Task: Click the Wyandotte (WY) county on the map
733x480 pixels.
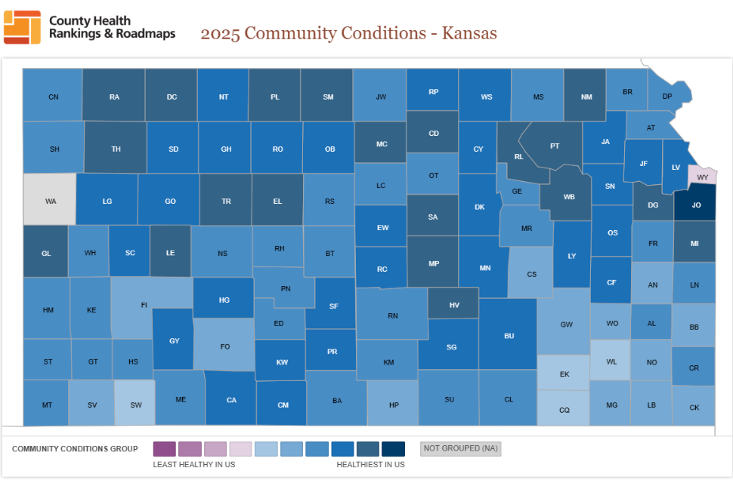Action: click(x=702, y=177)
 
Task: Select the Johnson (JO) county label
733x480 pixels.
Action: click(x=696, y=205)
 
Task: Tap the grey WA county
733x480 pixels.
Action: click(x=51, y=201)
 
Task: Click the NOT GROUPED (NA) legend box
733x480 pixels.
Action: click(x=460, y=449)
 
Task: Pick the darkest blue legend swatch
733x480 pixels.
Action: click(x=393, y=449)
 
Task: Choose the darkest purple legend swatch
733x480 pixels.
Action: click(x=164, y=449)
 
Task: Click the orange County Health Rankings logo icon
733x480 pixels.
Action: click(x=22, y=27)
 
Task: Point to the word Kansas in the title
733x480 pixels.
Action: click(x=469, y=33)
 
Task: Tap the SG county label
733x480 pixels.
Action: click(x=451, y=347)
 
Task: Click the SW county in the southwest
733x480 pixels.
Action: click(x=136, y=405)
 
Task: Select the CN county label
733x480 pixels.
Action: click(x=53, y=97)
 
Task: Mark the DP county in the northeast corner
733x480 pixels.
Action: click(x=667, y=96)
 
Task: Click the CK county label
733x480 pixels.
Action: click(x=694, y=408)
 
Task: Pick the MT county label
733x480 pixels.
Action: click(x=47, y=405)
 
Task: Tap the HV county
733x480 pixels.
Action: click(x=454, y=305)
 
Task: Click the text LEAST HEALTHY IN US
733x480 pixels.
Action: click(x=193, y=465)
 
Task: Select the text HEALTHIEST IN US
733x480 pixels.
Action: click(x=370, y=465)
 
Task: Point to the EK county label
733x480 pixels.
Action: click(x=564, y=374)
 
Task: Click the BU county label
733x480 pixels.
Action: click(x=509, y=335)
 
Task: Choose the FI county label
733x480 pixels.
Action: click(x=144, y=305)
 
